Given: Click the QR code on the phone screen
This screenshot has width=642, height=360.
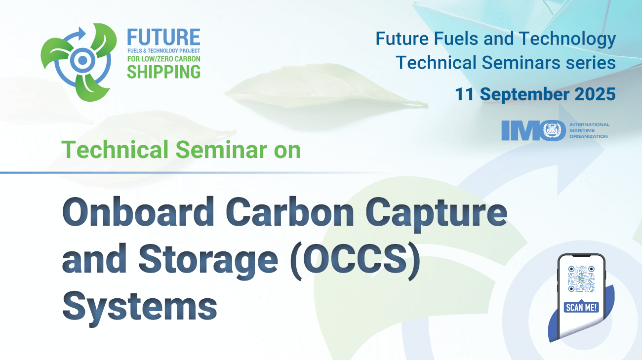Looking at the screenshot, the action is (x=581, y=279).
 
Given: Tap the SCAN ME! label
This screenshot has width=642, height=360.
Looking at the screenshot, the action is (x=581, y=308).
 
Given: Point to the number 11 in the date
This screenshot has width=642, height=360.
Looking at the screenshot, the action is (x=464, y=94).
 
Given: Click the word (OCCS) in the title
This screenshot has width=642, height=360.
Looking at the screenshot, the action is (x=356, y=261).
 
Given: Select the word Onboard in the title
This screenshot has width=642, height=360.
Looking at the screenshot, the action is (x=138, y=212).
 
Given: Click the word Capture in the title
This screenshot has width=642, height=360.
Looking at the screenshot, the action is (x=436, y=214).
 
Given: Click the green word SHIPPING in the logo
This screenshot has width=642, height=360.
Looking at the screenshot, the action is (x=163, y=72).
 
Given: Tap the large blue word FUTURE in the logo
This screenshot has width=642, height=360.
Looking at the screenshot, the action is (x=163, y=37).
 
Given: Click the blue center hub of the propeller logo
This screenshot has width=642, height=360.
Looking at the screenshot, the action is (x=82, y=60).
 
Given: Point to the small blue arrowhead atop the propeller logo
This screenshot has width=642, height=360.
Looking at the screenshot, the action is (x=81, y=33).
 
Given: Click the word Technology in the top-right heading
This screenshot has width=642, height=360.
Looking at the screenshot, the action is (x=567, y=40).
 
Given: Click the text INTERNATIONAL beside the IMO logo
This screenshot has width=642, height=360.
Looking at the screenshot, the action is (x=590, y=124).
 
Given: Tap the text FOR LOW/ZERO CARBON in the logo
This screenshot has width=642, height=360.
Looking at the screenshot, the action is (x=163, y=59).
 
